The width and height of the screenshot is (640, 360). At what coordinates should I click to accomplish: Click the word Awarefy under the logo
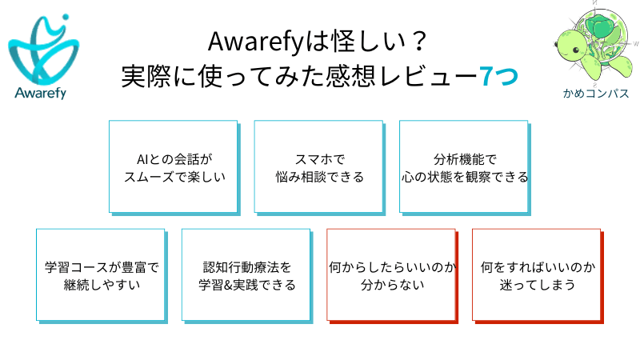[41, 93]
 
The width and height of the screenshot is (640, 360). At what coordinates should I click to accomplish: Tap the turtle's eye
[576, 50]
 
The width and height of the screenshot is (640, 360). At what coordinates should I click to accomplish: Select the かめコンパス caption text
[596, 94]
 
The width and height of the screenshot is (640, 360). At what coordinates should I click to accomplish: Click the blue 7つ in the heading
[498, 76]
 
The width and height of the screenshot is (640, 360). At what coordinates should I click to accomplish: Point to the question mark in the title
[419, 42]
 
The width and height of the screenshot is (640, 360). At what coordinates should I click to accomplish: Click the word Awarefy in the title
[256, 42]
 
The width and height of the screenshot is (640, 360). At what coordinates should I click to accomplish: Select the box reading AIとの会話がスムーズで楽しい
[174, 168]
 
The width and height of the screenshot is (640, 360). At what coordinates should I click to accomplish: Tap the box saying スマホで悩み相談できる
[320, 168]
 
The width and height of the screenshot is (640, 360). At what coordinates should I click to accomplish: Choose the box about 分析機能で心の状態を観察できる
[466, 168]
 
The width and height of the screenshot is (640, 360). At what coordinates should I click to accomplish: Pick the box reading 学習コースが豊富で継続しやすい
[102, 276]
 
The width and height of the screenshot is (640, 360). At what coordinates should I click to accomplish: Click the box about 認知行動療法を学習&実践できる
[247, 276]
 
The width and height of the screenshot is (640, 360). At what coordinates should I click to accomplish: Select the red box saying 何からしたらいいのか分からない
[393, 276]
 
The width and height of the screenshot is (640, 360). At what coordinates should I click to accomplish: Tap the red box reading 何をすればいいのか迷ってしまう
[538, 276]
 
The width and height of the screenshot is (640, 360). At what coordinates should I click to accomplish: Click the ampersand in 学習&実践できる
[228, 285]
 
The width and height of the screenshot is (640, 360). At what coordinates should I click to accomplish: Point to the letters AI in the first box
[142, 159]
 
